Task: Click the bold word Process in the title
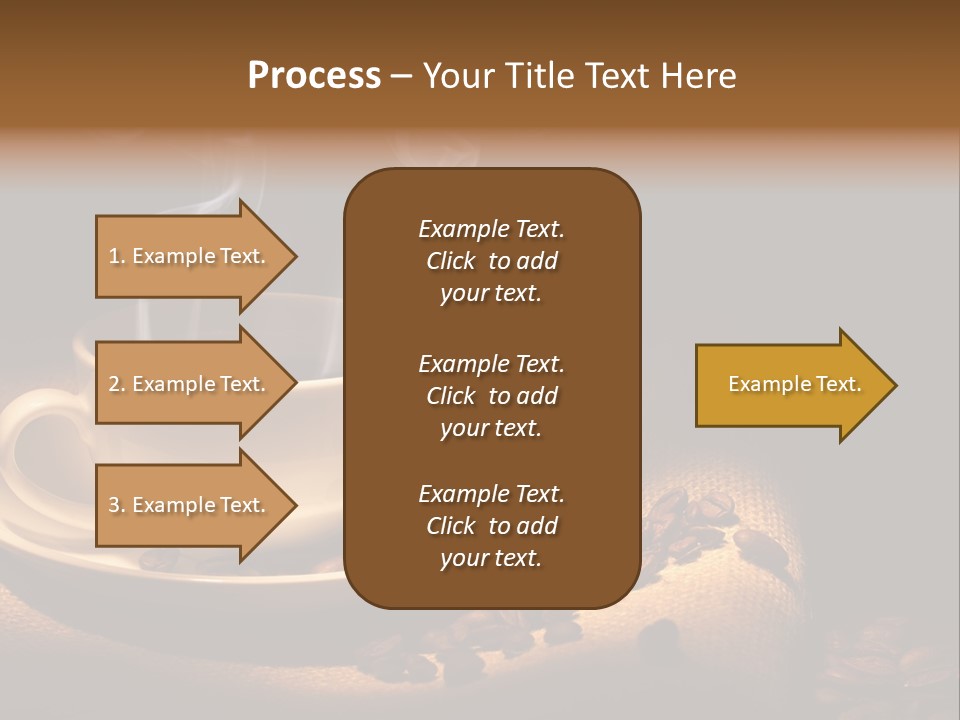tap(314, 76)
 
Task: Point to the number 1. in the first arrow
tap(117, 256)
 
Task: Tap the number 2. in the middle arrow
tap(117, 384)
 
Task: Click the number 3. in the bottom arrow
tap(117, 505)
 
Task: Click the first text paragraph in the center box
tap(491, 261)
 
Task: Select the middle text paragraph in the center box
tap(491, 395)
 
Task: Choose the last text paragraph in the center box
tap(491, 526)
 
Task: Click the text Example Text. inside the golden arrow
tap(794, 384)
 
